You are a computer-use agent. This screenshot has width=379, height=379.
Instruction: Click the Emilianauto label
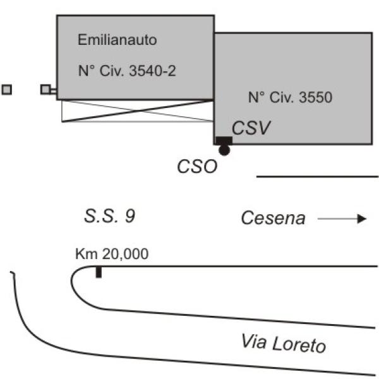pyautogui.click(x=117, y=41)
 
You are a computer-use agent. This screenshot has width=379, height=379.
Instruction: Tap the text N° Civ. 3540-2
pyautogui.click(x=126, y=71)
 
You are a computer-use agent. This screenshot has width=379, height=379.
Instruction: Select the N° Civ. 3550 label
pyautogui.click(x=290, y=98)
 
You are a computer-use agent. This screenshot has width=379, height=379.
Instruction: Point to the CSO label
pyautogui.click(x=197, y=167)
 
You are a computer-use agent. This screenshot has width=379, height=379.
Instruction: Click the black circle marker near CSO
pyautogui.click(x=224, y=150)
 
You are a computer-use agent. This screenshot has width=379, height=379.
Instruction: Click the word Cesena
pyautogui.click(x=274, y=219)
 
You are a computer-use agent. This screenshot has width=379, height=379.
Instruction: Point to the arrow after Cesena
pyautogui.click(x=342, y=219)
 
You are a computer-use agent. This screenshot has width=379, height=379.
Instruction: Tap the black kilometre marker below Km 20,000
pyautogui.click(x=99, y=272)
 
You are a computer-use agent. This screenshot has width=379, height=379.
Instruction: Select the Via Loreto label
pyautogui.click(x=282, y=344)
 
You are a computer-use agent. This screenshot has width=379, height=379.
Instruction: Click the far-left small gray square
pyautogui.click(x=6, y=89)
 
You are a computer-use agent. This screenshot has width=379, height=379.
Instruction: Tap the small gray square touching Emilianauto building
pyautogui.click(x=45, y=89)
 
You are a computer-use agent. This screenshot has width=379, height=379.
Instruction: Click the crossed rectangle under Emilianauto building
pyautogui.click(x=136, y=111)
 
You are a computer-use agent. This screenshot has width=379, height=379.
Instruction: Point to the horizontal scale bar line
pyautogui.click(x=317, y=177)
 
